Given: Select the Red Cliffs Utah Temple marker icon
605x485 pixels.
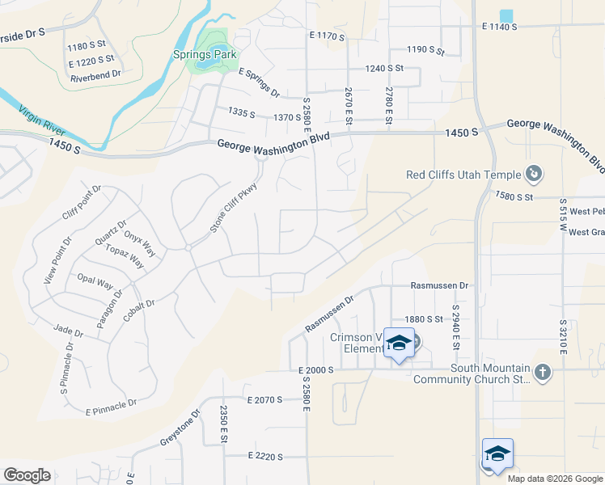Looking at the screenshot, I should click(x=534, y=174).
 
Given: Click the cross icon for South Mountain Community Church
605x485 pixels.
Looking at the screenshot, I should click(x=542, y=373).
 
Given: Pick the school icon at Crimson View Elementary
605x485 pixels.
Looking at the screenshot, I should click(x=398, y=344).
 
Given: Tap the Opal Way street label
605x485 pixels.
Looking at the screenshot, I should click(x=95, y=283).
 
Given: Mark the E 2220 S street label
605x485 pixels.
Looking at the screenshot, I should click(x=265, y=456).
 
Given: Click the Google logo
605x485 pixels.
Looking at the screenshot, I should click(x=27, y=475).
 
